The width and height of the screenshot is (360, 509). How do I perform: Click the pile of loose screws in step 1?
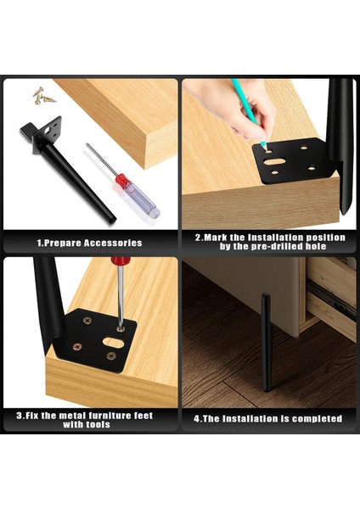[x=43, y=96]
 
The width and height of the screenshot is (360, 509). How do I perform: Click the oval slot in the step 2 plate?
[x=274, y=161]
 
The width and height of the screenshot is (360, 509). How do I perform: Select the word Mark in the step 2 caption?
[x=216, y=238]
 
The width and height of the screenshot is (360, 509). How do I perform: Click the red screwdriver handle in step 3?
[x=121, y=260]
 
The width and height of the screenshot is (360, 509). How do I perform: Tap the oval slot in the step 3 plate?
[x=113, y=343]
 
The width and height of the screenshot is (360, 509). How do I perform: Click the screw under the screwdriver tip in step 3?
[x=121, y=329]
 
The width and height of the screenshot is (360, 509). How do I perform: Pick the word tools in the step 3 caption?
[x=97, y=424]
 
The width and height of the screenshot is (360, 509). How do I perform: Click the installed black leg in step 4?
[x=267, y=342]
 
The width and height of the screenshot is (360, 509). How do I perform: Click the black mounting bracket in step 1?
[x=42, y=134]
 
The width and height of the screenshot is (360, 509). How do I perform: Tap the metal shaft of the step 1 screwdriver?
[x=101, y=159]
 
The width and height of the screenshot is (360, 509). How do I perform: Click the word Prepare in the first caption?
[x=62, y=243]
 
